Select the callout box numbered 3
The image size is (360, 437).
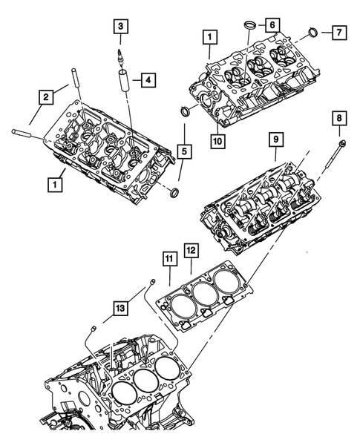119,27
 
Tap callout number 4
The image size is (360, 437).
148,78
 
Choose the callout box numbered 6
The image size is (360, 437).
274,24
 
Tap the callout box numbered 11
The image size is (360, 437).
169,260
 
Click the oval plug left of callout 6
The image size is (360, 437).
250,29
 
